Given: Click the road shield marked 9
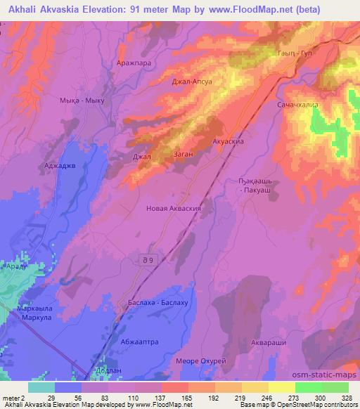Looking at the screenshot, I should tap(143, 260).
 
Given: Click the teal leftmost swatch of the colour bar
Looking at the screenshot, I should tap(42, 387).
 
